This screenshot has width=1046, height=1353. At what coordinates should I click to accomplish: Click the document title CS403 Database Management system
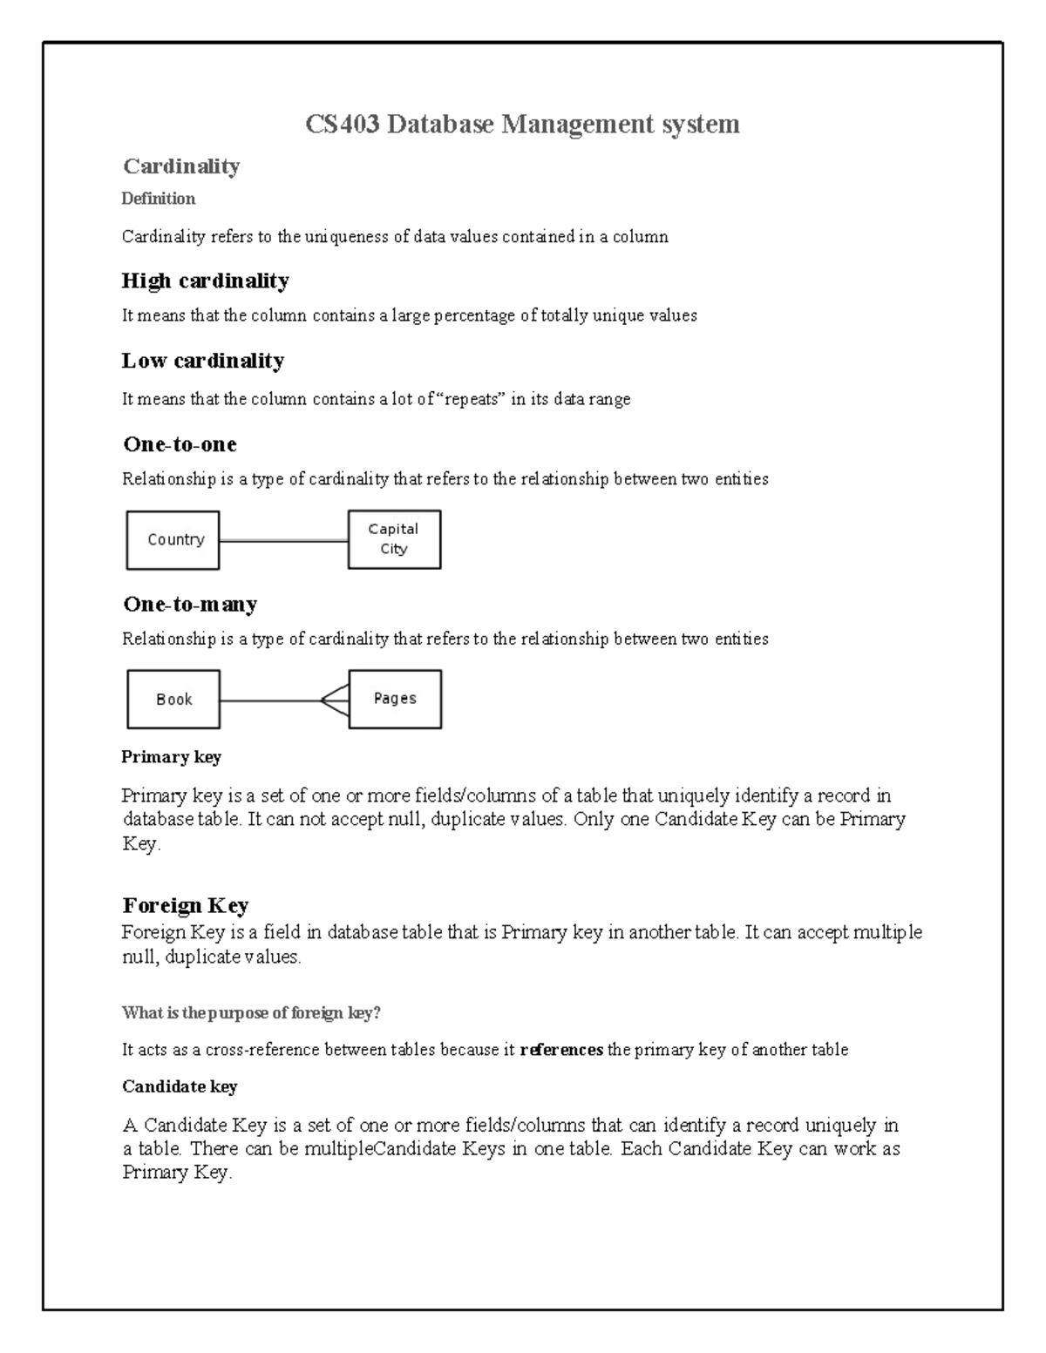coord(522,125)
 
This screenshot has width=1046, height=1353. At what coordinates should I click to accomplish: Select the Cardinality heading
coord(181,166)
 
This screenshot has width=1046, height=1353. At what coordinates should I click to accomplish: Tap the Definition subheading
coord(158,199)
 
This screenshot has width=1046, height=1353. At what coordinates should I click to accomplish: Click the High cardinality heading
coord(205,281)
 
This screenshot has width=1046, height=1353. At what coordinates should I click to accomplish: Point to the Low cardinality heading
coord(202,361)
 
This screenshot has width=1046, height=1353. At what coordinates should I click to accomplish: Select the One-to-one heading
coord(180,444)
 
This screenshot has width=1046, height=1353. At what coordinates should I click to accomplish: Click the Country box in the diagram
coord(173,540)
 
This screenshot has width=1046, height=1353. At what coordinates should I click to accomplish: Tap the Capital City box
coord(394,539)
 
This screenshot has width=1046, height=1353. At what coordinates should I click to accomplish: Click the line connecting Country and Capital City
coord(283,541)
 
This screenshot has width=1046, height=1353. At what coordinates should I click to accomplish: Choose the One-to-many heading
coord(190,604)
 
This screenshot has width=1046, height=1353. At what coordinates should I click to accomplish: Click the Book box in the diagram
coord(173,700)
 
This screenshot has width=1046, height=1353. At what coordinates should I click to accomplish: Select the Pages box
coord(395,699)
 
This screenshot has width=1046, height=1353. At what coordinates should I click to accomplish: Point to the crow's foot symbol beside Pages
coord(335,700)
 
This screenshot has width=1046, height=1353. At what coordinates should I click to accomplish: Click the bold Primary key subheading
coord(171,757)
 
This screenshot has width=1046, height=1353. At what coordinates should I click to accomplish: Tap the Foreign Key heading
coord(186,905)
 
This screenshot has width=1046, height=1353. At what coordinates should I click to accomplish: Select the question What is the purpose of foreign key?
coord(251,1013)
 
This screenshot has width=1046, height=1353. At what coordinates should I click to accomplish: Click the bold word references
coord(561,1050)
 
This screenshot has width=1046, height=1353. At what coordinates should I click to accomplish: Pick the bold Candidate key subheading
coord(179,1086)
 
